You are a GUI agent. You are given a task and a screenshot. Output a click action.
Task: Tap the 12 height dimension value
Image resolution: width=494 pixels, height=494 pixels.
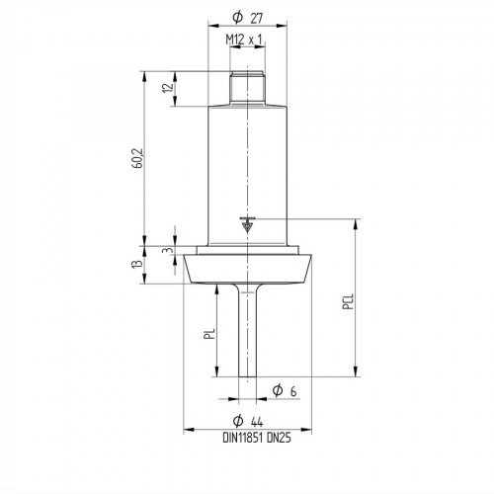[x=167, y=88]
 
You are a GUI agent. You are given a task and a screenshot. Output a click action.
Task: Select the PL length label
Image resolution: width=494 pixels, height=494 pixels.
[x=208, y=336]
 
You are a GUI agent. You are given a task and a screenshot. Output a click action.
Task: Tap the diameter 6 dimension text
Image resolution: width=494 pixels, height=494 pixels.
[x=287, y=392]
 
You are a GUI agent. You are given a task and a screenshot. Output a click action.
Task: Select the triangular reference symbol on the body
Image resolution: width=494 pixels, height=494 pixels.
[x=247, y=225]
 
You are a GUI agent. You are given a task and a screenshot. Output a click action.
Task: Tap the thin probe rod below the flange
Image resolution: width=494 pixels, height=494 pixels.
[x=247, y=326]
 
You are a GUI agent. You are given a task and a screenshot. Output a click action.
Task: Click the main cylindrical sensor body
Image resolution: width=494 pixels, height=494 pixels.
[x=247, y=168]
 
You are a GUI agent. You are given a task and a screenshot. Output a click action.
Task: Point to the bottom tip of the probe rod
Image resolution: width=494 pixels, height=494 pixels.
[x=247, y=373]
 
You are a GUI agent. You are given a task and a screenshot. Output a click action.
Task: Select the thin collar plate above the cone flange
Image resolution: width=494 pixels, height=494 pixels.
[x=247, y=248]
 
